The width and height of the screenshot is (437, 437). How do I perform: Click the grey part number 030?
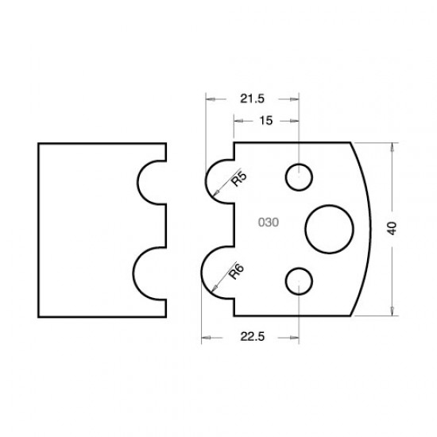268,222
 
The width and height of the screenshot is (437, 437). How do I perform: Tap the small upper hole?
299,177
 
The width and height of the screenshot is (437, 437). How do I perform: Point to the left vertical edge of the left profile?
39,230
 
